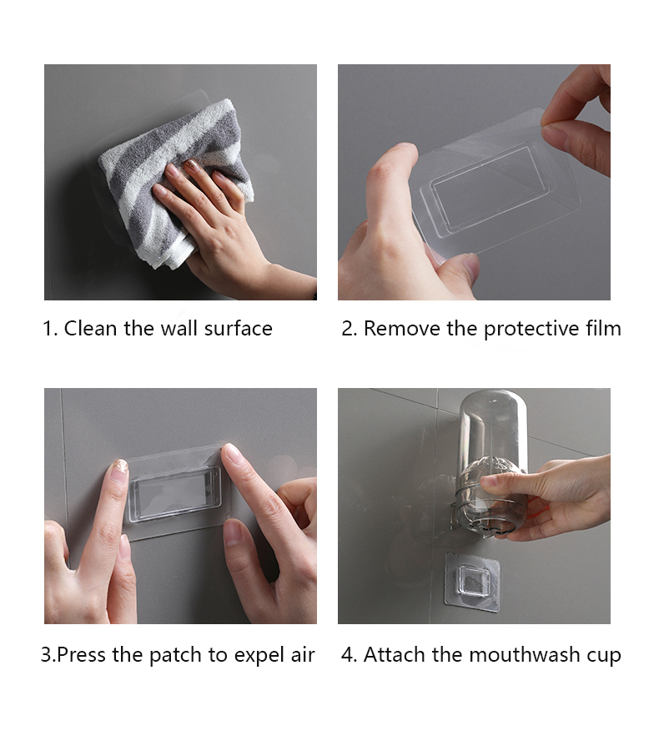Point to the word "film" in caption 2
tap(604, 328)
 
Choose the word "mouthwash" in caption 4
tap(525, 654)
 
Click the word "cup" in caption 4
tap(604, 657)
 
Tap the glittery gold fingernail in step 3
tap(119, 471)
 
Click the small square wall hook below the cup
tap(472, 582)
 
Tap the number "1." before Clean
tap(50, 329)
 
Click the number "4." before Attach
tap(350, 655)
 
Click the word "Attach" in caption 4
tap(395, 655)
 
